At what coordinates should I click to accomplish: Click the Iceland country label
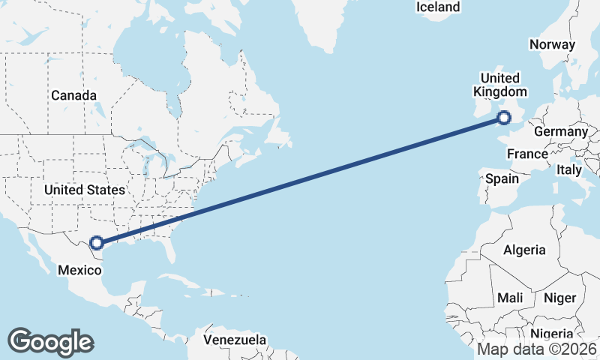[x=438, y=7]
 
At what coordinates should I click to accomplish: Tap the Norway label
[x=552, y=44]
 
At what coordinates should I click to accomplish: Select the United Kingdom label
[x=499, y=85]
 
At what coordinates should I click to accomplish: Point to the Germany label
[x=560, y=131]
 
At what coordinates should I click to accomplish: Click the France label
[x=527, y=154]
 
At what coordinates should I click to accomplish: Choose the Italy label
[x=569, y=170]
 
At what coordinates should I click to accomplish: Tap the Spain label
[x=502, y=178]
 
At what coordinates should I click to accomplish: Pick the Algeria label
[x=524, y=250]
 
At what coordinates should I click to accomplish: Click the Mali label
[x=510, y=298]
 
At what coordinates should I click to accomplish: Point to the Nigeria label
[x=550, y=334]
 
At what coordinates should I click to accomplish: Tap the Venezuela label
[x=235, y=340]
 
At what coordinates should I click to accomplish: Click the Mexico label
[x=79, y=269]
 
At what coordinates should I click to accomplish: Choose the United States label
[x=84, y=190]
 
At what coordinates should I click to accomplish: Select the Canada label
[x=73, y=95]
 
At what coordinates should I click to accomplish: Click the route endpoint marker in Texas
[x=96, y=242]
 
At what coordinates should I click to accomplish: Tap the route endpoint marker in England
[x=504, y=117]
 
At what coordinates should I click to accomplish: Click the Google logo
[x=50, y=341]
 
